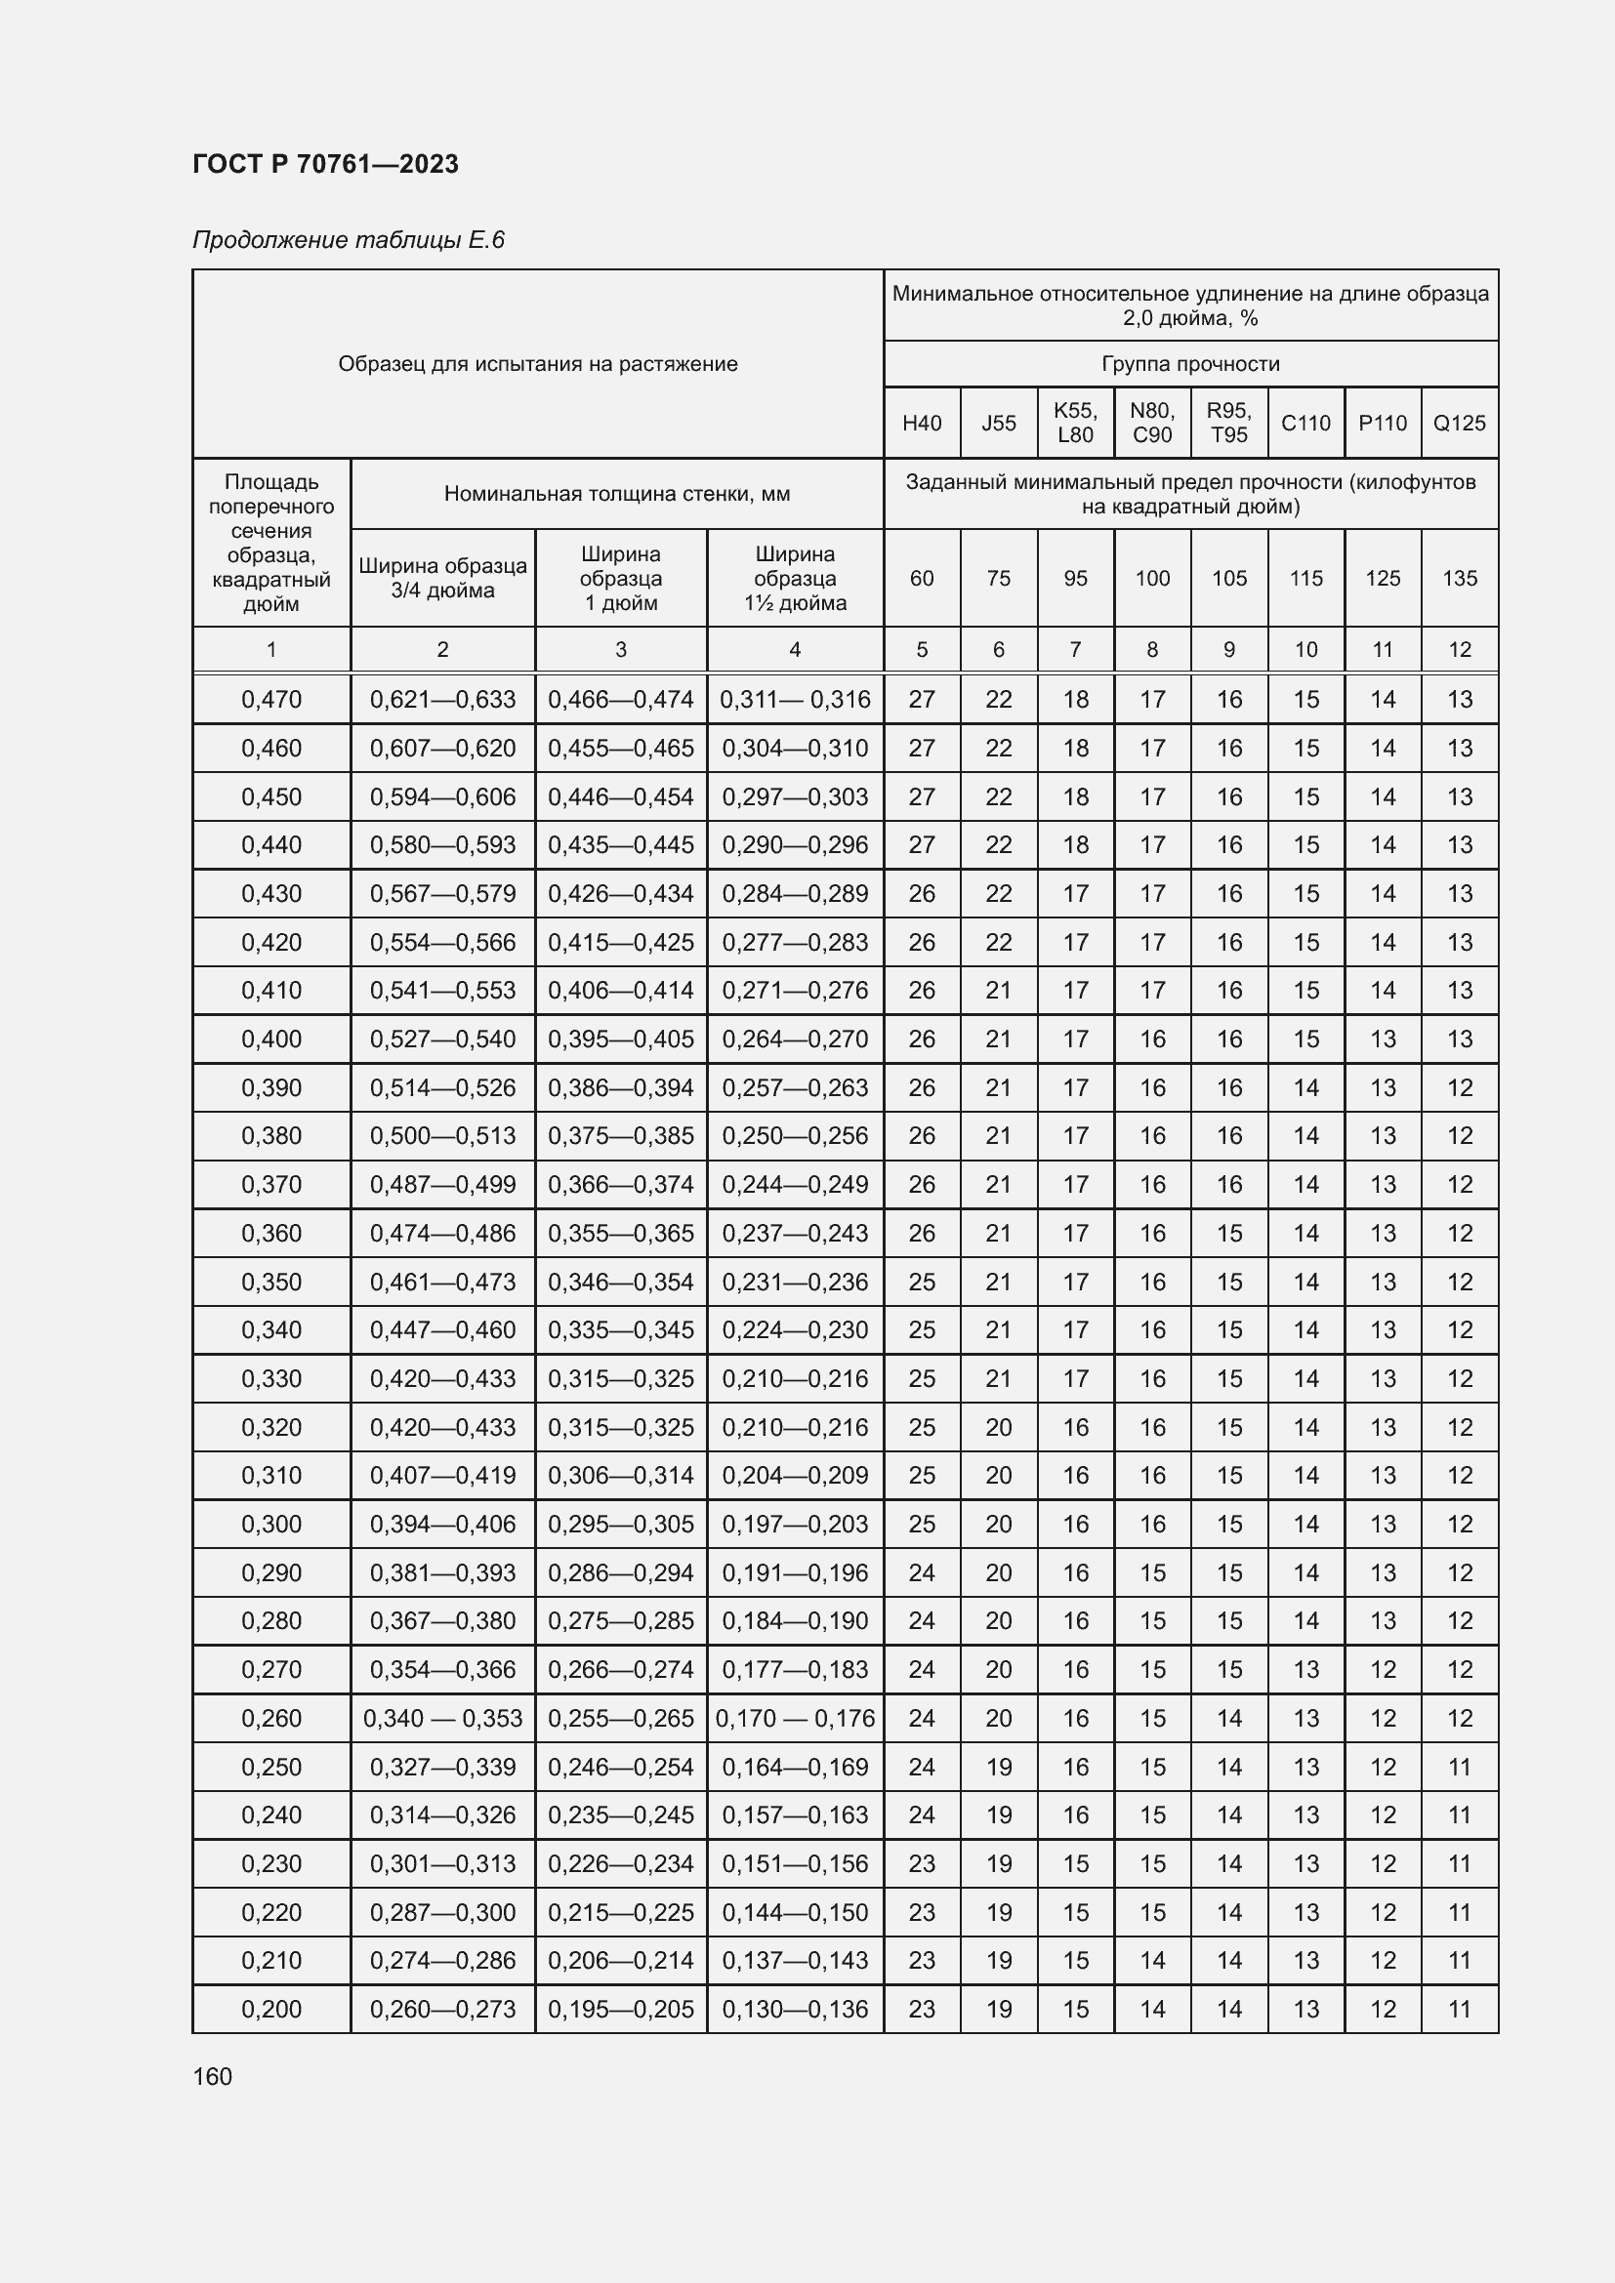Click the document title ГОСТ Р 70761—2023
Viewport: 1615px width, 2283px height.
coord(325,164)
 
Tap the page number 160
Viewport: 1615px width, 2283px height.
coord(212,2076)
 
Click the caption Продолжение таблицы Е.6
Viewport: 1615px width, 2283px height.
coord(348,240)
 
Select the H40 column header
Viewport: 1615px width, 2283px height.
coord(922,423)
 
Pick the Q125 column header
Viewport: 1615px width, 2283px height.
coord(1459,423)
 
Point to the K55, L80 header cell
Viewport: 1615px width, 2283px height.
coord(1075,423)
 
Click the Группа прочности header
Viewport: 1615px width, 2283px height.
coord(1190,364)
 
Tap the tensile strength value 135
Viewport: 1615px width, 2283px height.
coord(1459,578)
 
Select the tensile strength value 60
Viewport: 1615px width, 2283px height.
coord(922,578)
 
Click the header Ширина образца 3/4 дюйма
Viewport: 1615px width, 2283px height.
coord(442,578)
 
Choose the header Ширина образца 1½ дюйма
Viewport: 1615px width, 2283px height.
coord(795,578)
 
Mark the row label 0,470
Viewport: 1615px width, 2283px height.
coord(271,700)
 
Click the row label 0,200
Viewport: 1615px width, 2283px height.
coord(271,2009)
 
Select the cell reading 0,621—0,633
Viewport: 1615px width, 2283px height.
coord(442,700)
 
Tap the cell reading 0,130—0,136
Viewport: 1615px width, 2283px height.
coord(795,2009)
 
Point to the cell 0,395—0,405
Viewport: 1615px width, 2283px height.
coord(621,1040)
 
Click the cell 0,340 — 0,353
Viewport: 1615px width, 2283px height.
coord(442,1718)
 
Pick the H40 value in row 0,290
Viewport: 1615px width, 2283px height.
coord(922,1573)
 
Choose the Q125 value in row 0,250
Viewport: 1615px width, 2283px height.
coord(1459,1767)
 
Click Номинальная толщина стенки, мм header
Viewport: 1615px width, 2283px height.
coord(616,494)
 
